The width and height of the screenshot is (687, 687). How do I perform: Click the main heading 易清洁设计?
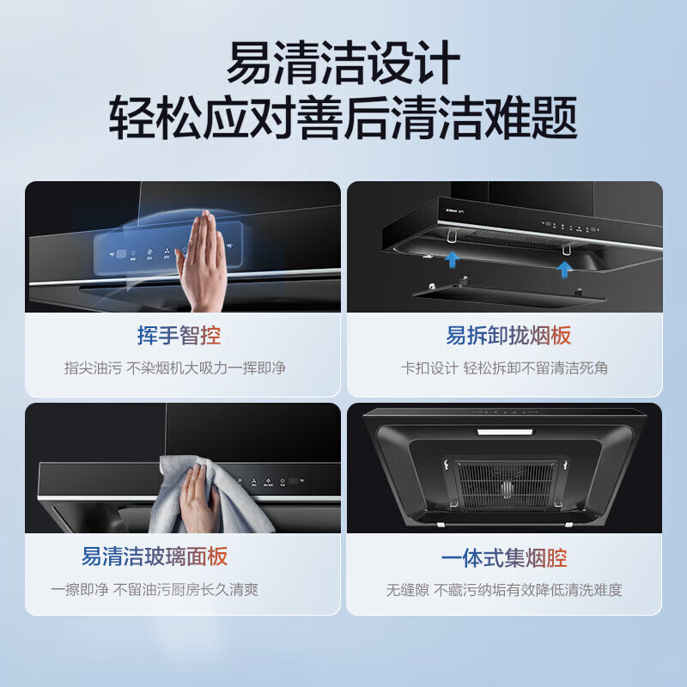click(x=343, y=62)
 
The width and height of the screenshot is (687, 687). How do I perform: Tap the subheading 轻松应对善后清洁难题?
click(x=343, y=118)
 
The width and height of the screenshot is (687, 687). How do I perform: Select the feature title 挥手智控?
click(x=179, y=336)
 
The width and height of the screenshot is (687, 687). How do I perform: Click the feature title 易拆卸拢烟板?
click(x=508, y=336)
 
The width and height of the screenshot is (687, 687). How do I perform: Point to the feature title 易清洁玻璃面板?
click(x=155, y=556)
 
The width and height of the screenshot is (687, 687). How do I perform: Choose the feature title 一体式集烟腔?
click(x=504, y=557)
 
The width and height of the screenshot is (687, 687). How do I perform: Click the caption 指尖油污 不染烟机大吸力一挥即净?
click(x=175, y=368)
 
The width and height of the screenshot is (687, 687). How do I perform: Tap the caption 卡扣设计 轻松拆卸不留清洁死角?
click(x=504, y=368)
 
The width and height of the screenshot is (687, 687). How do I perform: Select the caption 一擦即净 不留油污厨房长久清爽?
click(x=155, y=589)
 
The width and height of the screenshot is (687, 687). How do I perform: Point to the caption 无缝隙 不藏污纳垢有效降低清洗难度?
click(x=504, y=590)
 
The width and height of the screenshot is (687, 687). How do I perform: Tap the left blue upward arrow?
click(x=452, y=259)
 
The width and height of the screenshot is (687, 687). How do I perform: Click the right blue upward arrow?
click(x=564, y=269)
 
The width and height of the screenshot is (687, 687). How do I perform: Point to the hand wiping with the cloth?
click(x=198, y=497)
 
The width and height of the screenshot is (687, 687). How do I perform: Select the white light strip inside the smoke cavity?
click(x=505, y=432)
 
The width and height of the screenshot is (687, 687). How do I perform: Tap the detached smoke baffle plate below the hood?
click(x=508, y=295)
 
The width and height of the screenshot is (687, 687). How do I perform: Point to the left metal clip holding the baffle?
click(x=452, y=237)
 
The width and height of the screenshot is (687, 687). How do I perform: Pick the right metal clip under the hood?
click(x=567, y=249)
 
